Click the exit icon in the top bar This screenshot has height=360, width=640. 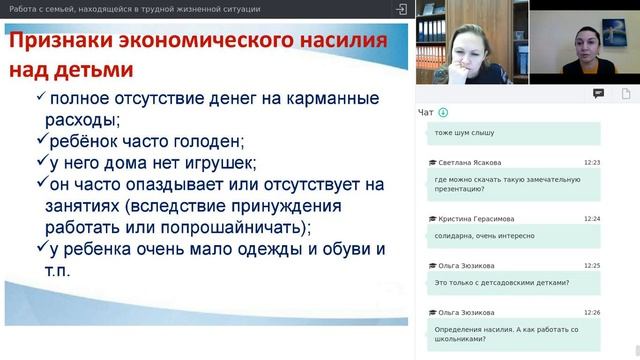pyautogui.click(x=400, y=9)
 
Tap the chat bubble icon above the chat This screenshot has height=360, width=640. pyautogui.click(x=599, y=93)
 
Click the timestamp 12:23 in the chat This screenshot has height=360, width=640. pyautogui.click(x=592, y=162)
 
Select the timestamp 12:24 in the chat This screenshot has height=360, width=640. pyautogui.click(x=592, y=218)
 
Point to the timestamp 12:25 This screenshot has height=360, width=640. pyautogui.click(x=592, y=266)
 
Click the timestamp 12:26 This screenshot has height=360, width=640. pyautogui.click(x=592, y=314)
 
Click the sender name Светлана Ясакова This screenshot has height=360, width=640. pyautogui.click(x=470, y=162)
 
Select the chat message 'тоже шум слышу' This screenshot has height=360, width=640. pyautogui.click(x=464, y=132)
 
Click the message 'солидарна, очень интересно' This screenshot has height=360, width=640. pyautogui.click(x=485, y=236)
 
